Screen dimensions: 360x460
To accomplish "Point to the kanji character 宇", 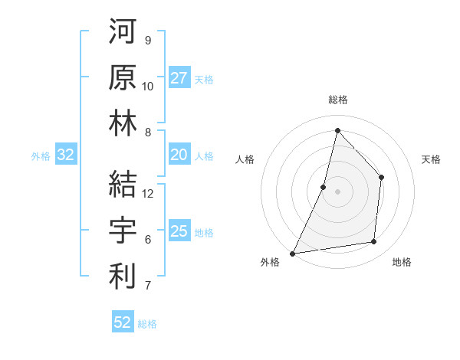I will pyautogui.click(x=123, y=230).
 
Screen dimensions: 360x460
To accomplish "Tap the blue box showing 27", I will pyautogui.click(x=179, y=78).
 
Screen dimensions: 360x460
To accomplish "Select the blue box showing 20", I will pyautogui.click(x=179, y=155).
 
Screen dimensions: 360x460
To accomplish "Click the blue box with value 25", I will pyautogui.click(x=179, y=232).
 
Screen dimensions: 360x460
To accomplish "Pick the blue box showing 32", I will pyautogui.click(x=65, y=155).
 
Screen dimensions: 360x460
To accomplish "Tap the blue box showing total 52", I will pyautogui.click(x=123, y=322).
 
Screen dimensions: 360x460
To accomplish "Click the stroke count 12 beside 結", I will pyautogui.click(x=149, y=194).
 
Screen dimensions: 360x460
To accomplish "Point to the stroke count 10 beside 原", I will pyautogui.click(x=148, y=87).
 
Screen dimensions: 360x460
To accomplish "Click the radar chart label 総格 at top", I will pyautogui.click(x=337, y=100).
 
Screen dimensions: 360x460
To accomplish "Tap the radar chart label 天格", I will pyautogui.click(x=432, y=159).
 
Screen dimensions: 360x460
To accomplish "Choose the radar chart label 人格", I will pyautogui.click(x=245, y=159).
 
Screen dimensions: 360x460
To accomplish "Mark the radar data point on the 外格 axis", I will pyautogui.click(x=292, y=254).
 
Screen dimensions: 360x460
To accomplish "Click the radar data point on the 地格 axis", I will pyautogui.click(x=373, y=241).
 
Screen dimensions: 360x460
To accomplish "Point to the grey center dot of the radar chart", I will pyautogui.click(x=337, y=191).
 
